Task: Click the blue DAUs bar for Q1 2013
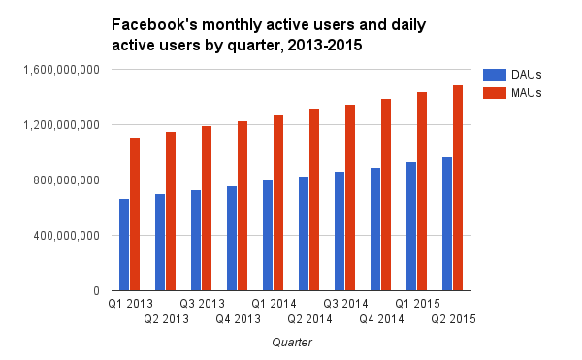124,245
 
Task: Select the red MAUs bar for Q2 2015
458,188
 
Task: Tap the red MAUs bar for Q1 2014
278,203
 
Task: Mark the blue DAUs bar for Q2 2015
447,224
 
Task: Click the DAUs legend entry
508,75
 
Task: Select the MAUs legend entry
508,92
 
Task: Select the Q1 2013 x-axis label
128,304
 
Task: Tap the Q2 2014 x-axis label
307,318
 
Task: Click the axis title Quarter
291,342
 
